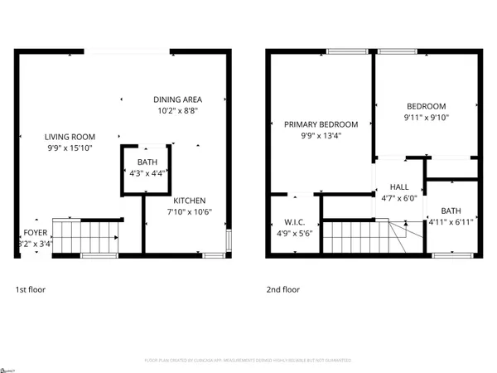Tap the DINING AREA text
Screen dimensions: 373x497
coord(177,99)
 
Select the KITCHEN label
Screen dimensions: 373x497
coord(189,201)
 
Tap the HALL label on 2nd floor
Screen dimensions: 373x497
coord(399,188)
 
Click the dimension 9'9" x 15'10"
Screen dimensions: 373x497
coord(70,148)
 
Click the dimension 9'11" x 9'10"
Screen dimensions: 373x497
coord(426,117)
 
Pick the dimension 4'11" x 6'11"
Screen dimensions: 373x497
coord(451,222)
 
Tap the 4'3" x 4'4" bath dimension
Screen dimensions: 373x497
coord(147,173)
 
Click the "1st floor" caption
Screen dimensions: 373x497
coord(30,290)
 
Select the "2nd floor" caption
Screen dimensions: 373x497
coord(282,290)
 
